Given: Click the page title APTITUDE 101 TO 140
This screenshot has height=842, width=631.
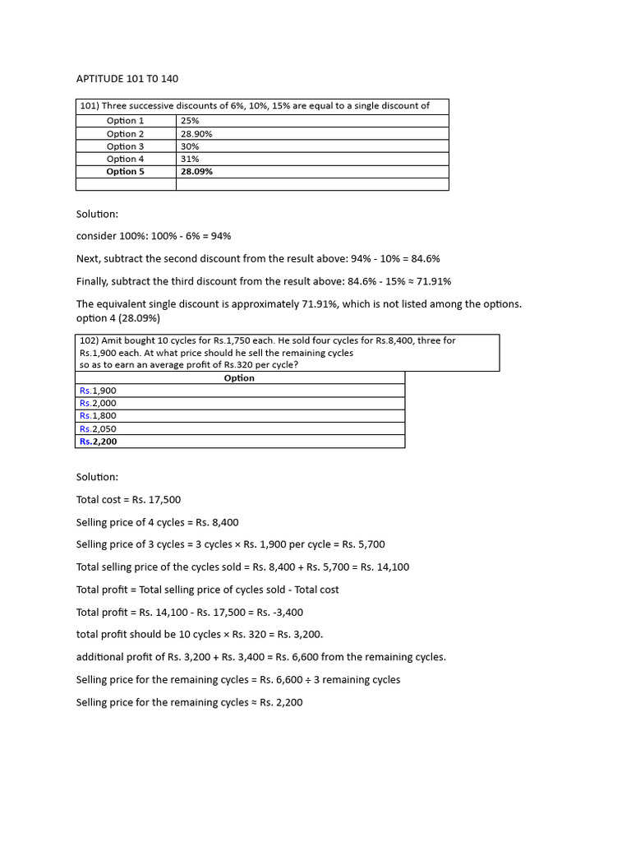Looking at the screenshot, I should coord(127,79).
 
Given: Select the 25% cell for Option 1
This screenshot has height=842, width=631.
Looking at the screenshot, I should coord(190,121).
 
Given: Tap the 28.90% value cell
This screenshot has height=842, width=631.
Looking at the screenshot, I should coord(196,134).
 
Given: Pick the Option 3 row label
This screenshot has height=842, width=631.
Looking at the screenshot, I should coord(125,146).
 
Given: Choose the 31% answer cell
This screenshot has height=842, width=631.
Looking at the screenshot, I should coord(190,159).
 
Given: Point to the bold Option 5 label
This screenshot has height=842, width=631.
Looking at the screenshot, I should coord(125,172).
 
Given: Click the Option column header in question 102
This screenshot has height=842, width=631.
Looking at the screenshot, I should coord(239,378).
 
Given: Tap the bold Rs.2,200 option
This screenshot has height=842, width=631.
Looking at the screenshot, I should coord(98,442).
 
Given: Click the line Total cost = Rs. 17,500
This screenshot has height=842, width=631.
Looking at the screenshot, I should coord(128,500).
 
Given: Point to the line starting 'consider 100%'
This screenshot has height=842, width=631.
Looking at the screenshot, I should coord(154,236).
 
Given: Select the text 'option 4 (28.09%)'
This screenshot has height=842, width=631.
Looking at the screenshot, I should coord(117,318).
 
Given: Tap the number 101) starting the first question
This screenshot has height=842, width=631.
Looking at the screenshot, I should coord(89,106).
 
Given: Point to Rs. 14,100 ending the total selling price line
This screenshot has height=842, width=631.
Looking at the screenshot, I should coord(385,567).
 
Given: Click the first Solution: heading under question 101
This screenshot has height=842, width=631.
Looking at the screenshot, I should coord(97,214).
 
